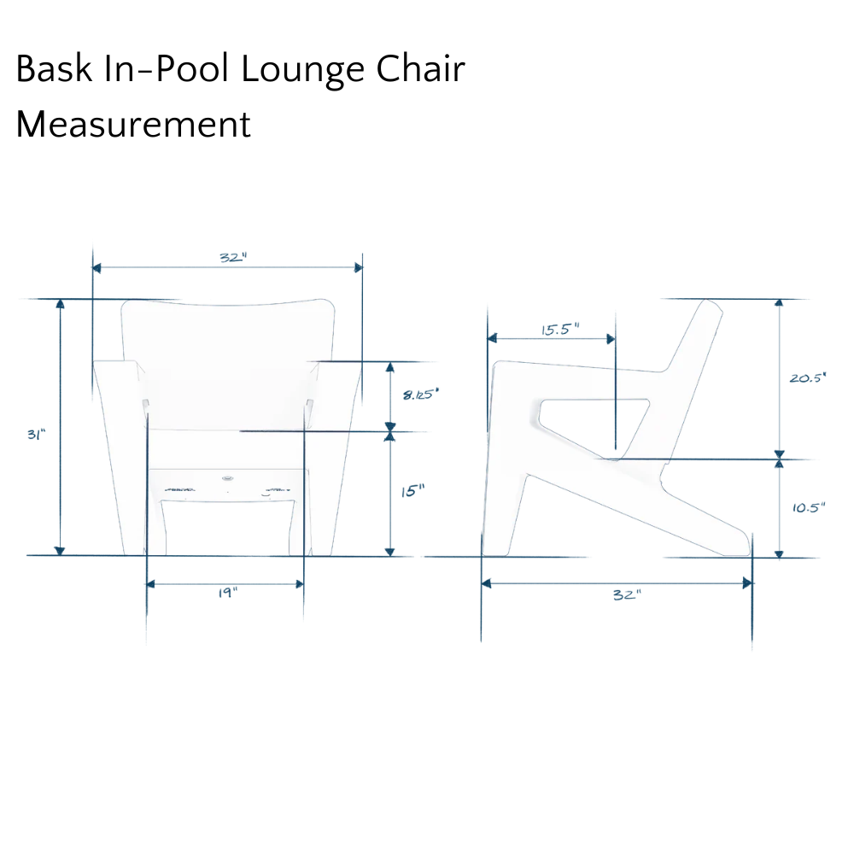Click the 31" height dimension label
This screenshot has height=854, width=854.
click(x=37, y=435)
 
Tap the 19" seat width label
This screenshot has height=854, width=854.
click(x=228, y=592)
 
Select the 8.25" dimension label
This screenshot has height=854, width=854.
click(x=421, y=394)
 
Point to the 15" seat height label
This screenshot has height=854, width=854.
click(x=412, y=491)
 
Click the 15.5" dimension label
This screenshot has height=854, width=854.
click(x=560, y=330)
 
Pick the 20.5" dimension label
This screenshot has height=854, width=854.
click(x=808, y=377)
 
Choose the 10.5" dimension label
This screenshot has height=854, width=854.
click(x=809, y=507)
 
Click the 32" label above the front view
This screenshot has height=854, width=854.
click(x=233, y=257)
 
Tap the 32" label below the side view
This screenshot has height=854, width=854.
click(x=628, y=594)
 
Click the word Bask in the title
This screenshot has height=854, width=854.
click(x=54, y=68)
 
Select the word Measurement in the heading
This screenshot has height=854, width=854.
click(x=133, y=124)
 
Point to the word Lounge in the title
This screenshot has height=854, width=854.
click(x=302, y=71)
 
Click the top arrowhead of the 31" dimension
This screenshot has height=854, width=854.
click(x=60, y=304)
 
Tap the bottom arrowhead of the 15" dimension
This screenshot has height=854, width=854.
click(x=389, y=552)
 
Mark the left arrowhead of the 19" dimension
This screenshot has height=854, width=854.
click(x=151, y=584)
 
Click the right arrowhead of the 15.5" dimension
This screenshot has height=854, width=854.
click(x=611, y=339)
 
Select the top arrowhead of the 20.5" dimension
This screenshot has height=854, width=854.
click(x=780, y=304)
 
